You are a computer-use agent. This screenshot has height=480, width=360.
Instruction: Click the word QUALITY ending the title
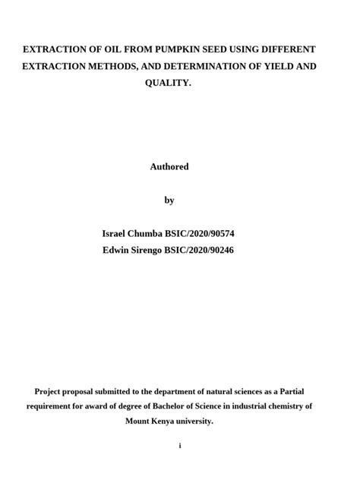coord(168,83)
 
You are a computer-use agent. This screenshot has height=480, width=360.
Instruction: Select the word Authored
coord(169,166)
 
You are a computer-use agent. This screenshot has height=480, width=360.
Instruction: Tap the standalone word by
coord(169,200)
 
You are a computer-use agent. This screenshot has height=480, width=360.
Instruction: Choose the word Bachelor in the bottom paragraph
coord(168,406)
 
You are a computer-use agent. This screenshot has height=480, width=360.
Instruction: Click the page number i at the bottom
coord(180,446)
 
